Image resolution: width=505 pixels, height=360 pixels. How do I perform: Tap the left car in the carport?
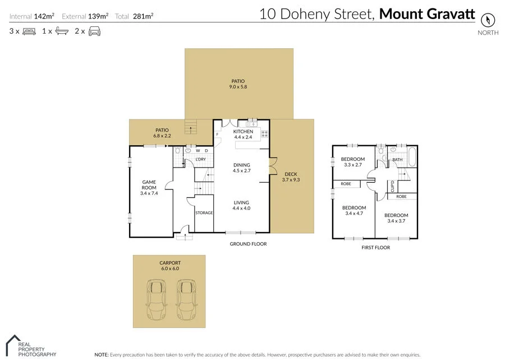pyautogui.click(x=156, y=299)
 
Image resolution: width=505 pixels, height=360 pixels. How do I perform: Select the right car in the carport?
pyautogui.click(x=187, y=299)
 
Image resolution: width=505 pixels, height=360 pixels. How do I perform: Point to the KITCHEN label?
pyautogui.click(x=244, y=131)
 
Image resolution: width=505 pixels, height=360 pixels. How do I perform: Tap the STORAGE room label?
pyautogui.click(x=204, y=213)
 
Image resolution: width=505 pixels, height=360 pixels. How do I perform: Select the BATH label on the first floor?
pyautogui.click(x=397, y=160)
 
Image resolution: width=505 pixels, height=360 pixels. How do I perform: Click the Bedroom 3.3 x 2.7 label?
pyautogui.click(x=353, y=162)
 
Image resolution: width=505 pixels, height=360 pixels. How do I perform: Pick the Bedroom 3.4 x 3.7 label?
pyautogui.click(x=396, y=218)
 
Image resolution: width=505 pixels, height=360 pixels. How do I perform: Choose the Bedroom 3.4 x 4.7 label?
pyautogui.click(x=353, y=210)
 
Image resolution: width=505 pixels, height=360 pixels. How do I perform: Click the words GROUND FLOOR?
pyautogui.click(x=248, y=244)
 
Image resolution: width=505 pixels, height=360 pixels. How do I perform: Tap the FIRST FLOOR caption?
pyautogui.click(x=375, y=247)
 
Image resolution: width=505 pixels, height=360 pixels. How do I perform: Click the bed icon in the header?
pyautogui.click(x=29, y=31)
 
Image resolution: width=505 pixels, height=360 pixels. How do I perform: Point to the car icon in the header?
pyautogui.click(x=94, y=31)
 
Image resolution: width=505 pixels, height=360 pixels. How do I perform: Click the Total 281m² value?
pyautogui.click(x=143, y=16)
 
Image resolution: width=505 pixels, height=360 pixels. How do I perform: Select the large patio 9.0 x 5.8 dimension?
pyautogui.click(x=238, y=87)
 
